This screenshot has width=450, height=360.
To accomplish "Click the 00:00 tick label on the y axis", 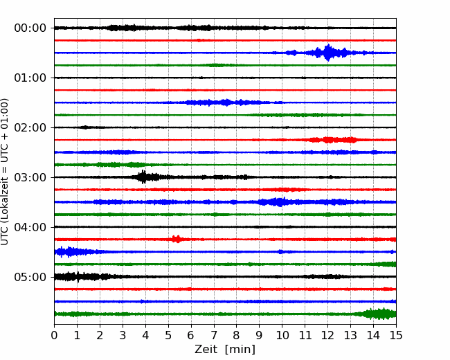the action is (x=30, y=28).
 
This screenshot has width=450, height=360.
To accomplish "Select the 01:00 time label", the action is (x=30, y=78).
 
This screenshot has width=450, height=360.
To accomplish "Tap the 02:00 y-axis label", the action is (x=30, y=127).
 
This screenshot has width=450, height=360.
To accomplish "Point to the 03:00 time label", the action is (x=30, y=177).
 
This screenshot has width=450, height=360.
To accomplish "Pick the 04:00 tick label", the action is (x=30, y=227).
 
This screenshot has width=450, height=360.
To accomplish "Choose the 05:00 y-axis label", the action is (x=30, y=277).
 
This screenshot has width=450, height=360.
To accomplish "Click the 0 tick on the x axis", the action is (x=54, y=335).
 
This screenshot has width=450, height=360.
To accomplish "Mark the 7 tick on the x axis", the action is (x=214, y=335).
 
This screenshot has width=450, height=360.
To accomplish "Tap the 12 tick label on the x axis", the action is (x=327, y=335).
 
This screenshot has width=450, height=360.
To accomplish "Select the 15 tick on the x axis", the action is (x=396, y=335).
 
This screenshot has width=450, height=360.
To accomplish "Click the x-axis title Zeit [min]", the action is (x=225, y=350).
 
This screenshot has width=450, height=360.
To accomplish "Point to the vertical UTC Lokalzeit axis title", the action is (x=5, y=172).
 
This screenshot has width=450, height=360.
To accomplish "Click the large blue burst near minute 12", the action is (x=327, y=53).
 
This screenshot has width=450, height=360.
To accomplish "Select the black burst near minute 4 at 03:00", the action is (x=144, y=177).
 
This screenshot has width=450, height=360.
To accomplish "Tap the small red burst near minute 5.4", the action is (x=177, y=239).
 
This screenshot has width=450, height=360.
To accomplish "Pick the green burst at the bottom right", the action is (x=378, y=314).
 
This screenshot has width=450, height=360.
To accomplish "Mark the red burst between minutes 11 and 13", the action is (x=330, y=140).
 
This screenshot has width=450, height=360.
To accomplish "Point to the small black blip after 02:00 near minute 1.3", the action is (x=85, y=127).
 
